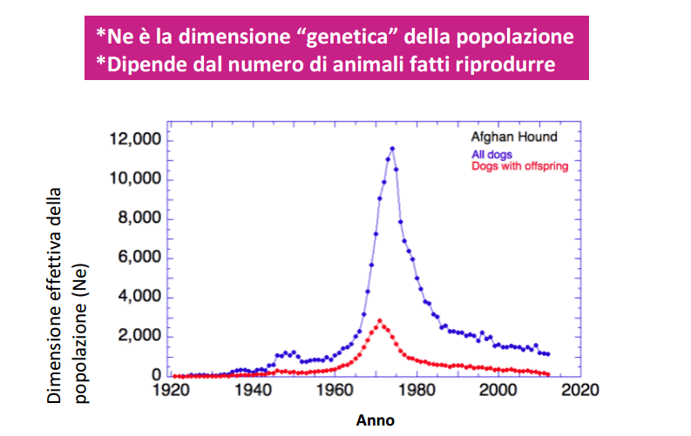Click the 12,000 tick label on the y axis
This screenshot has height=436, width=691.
pyautogui.click(x=135, y=139)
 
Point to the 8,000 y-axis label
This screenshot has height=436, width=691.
pyautogui.click(x=139, y=218)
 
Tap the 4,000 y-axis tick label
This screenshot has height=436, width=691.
pyautogui.click(x=139, y=297)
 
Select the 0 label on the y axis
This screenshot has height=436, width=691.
pyautogui.click(x=157, y=375)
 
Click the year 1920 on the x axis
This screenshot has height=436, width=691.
pyautogui.click(x=171, y=390)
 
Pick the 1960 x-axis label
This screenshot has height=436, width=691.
pyautogui.click(x=335, y=390)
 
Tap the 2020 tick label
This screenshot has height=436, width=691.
pyautogui.click(x=580, y=390)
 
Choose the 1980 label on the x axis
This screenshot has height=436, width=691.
pyautogui.click(x=417, y=390)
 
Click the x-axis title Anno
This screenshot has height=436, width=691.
pyautogui.click(x=375, y=420)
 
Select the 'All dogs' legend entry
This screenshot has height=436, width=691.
pyautogui.click(x=491, y=154)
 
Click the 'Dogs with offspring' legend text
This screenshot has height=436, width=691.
pyautogui.click(x=520, y=166)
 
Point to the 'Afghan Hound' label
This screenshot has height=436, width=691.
pyautogui.click(x=514, y=137)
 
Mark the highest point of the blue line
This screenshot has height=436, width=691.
pyautogui.click(x=392, y=149)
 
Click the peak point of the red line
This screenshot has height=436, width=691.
pyautogui.click(x=379, y=321)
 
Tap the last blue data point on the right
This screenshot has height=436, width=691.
pyautogui.click(x=548, y=354)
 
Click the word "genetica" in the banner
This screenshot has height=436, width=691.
pyautogui.click(x=344, y=37)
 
